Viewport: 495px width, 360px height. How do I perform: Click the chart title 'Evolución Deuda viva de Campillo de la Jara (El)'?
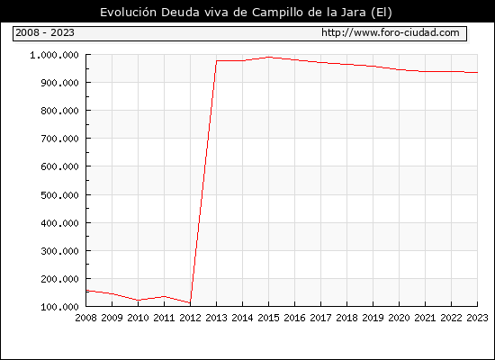[246, 13]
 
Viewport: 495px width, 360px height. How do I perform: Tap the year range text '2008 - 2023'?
[45, 32]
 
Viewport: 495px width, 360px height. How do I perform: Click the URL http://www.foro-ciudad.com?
[391, 32]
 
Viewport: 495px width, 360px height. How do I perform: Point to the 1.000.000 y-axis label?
[54, 55]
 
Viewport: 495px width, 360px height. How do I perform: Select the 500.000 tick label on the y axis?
[59, 195]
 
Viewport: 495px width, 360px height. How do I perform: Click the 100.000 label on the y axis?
[59, 307]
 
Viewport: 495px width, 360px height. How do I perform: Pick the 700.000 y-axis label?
[59, 139]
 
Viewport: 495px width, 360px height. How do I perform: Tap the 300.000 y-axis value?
[59, 251]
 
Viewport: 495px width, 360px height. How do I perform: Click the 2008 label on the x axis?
[85, 318]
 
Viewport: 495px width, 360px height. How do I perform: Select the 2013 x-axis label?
[216, 318]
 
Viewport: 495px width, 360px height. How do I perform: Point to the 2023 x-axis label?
[477, 318]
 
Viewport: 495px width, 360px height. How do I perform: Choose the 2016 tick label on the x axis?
[294, 318]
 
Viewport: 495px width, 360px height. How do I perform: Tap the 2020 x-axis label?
[399, 318]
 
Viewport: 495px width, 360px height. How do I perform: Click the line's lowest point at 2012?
[191, 302]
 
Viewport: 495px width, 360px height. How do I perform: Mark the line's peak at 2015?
[269, 58]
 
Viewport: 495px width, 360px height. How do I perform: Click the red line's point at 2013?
[216, 60]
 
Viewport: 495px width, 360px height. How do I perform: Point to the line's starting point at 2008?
[86, 290]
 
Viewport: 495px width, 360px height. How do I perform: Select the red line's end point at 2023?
[477, 73]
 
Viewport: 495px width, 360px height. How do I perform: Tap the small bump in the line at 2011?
[164, 296]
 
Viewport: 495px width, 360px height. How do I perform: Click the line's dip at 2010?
[139, 300]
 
